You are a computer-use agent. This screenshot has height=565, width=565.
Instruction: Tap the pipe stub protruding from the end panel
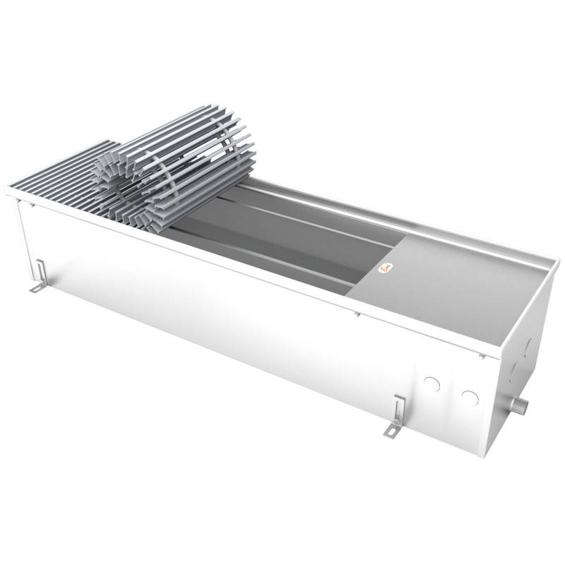(521, 408)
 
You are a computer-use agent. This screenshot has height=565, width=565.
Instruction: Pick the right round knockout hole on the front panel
(469, 397)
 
